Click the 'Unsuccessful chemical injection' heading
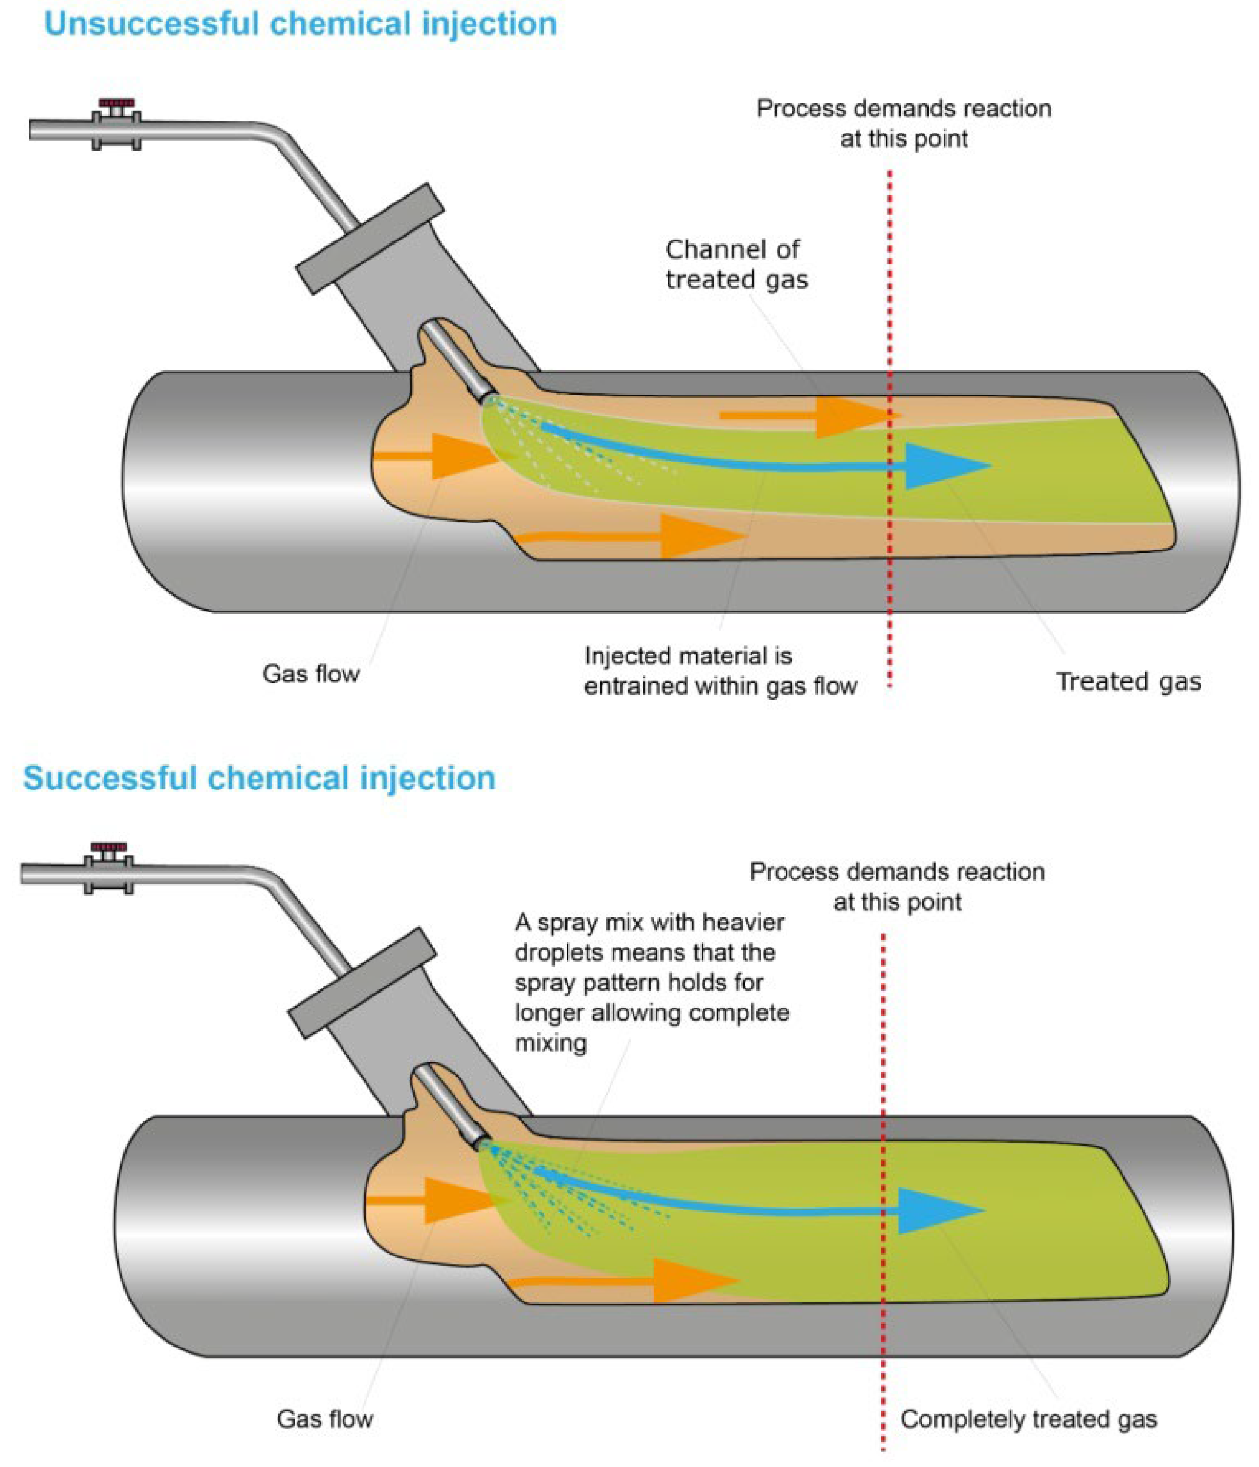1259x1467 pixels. [x=300, y=24]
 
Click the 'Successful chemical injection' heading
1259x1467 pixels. [x=259, y=778]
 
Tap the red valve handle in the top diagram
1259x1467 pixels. [x=117, y=103]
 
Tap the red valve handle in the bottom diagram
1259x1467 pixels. [x=109, y=847]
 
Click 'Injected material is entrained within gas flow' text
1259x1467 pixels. [x=720, y=671]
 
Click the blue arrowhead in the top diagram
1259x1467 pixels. [x=942, y=466]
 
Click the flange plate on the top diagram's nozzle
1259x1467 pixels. [x=370, y=238]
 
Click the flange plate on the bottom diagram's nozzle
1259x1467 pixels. [x=362, y=983]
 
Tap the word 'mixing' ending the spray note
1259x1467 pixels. [x=550, y=1043]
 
